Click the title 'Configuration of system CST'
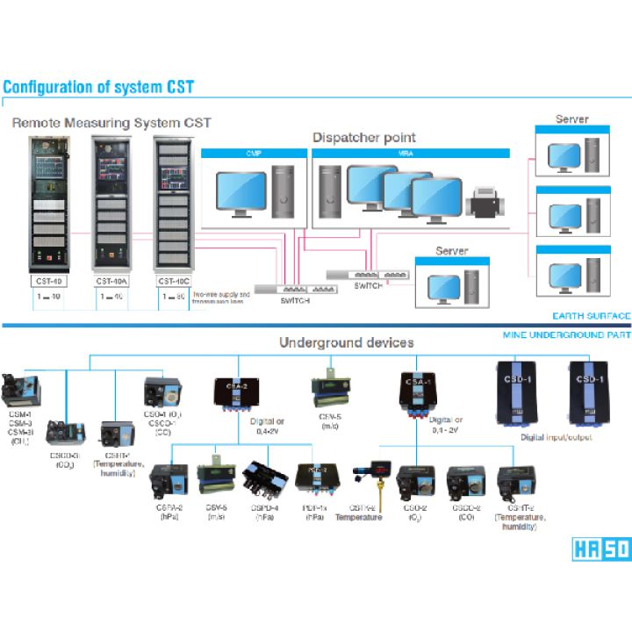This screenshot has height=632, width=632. [x=97, y=87]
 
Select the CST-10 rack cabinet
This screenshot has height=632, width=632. [x=48, y=204]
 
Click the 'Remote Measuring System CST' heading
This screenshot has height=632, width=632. [x=111, y=122]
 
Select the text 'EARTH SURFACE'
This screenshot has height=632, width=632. [x=592, y=316]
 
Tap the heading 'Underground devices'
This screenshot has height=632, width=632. [x=346, y=342]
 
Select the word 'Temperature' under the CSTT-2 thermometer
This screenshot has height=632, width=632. [x=358, y=518]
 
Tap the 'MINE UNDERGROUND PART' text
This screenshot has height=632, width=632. [x=566, y=335]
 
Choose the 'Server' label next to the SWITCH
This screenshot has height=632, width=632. [x=451, y=251]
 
